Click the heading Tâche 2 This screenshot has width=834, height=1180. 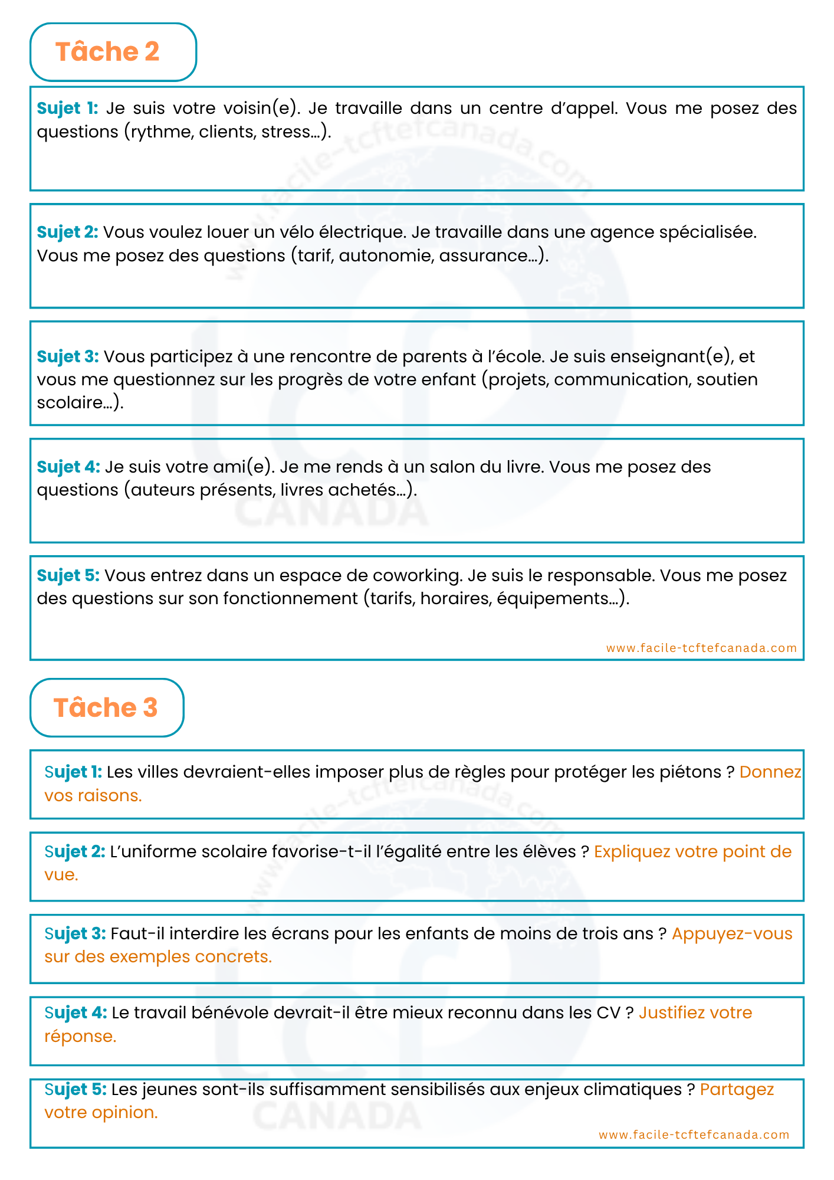pyautogui.click(x=107, y=52)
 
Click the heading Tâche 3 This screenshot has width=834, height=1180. pyautogui.click(x=106, y=707)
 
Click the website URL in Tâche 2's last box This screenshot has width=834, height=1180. pyautogui.click(x=701, y=648)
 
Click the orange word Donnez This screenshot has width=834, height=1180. pyautogui.click(x=770, y=772)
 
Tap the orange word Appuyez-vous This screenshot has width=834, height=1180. pyautogui.click(x=731, y=934)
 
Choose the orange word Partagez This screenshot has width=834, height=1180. pyautogui.click(x=737, y=1090)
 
